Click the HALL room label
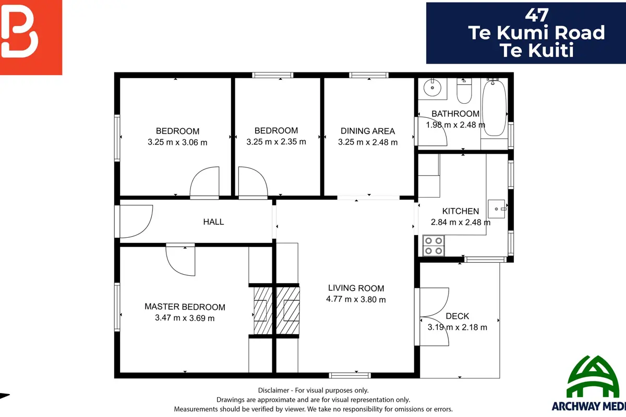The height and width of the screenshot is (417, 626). [x=213, y=222]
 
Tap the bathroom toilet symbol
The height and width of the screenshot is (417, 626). [x=464, y=91]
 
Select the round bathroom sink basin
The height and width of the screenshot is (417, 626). [x=432, y=88]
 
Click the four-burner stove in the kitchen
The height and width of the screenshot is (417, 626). [x=434, y=246]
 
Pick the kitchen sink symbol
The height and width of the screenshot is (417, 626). [x=497, y=209]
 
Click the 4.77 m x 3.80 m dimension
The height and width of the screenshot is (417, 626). [x=356, y=299]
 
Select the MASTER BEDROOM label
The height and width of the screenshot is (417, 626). [x=185, y=306]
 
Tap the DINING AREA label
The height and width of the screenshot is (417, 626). [x=368, y=131]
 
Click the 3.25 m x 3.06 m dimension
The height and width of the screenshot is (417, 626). [x=177, y=142]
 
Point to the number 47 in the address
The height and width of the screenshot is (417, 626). [x=537, y=15]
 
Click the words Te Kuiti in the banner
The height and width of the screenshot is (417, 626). [x=537, y=50]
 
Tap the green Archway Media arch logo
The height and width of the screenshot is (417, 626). [x=593, y=376]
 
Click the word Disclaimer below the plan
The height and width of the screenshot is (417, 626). [x=273, y=390]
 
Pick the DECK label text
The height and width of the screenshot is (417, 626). [x=457, y=316]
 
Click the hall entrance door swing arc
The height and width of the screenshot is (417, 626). [x=146, y=228]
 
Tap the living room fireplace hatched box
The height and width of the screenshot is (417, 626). [x=288, y=310]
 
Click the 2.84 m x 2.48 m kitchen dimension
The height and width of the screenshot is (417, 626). [x=461, y=223]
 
